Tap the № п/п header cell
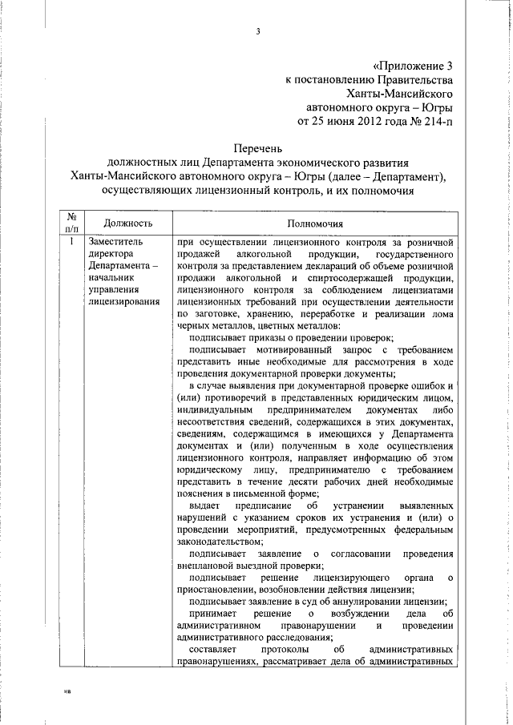(x=71, y=223)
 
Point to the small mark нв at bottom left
(x=68, y=690)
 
